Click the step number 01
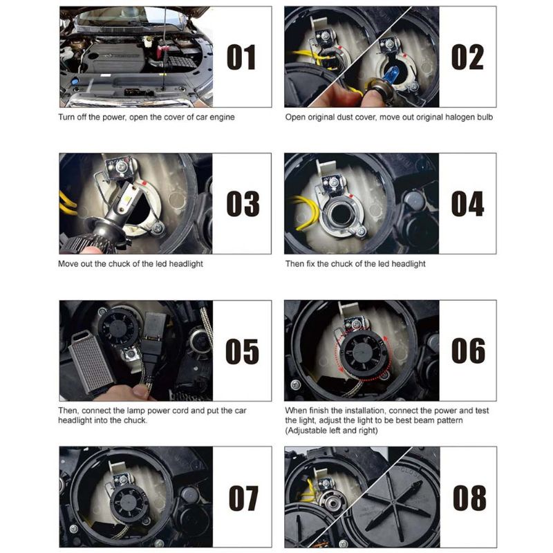coord(241,57)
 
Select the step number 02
coord(467,57)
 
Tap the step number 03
coord(243,204)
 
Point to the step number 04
coord(468,204)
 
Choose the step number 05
coord(242,351)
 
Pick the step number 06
coord(468,350)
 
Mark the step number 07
coord(243,498)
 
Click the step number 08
coord(469,498)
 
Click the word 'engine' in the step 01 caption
coord(222,118)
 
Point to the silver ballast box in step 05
coord(92,360)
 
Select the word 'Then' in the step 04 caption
coord(294,264)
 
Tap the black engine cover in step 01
coord(115,57)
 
